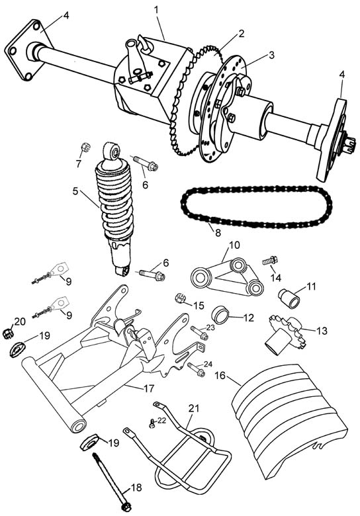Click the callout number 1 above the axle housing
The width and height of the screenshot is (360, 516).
(156, 10)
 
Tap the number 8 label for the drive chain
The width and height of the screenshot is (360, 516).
(218, 233)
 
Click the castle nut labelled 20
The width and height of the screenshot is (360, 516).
(8, 333)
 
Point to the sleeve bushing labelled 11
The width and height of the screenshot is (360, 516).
(290, 298)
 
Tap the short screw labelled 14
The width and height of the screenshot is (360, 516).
(270, 261)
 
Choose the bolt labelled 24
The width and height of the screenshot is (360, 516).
(197, 369)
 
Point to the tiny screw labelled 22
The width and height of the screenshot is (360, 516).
(152, 423)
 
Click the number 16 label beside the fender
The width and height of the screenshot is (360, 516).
(220, 375)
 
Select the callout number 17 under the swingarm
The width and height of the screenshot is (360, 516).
(149, 388)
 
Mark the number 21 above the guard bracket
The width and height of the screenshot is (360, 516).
(194, 408)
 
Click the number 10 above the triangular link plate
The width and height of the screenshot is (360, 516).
(234, 245)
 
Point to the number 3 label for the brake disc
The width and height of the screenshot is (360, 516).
(271, 55)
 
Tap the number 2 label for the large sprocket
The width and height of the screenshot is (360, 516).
(241, 34)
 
